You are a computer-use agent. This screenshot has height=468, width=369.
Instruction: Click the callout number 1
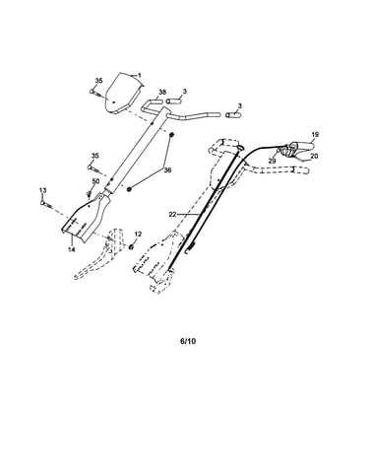coord(140,76)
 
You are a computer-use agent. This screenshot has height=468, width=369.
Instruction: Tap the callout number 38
coord(162,92)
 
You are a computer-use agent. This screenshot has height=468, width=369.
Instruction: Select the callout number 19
coord(315,134)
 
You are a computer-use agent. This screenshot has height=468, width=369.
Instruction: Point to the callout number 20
coord(314,157)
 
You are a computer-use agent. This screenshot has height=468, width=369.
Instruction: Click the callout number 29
coord(272,161)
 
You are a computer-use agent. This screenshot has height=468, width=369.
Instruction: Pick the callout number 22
coord(172,214)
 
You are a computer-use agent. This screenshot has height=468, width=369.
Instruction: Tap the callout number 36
coord(167,169)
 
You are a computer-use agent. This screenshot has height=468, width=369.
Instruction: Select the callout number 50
coord(95,181)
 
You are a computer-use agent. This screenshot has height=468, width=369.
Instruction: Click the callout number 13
coord(43,190)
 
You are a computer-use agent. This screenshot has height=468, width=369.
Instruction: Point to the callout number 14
coord(71,249)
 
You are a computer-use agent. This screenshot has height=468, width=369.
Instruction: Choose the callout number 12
coord(138,234)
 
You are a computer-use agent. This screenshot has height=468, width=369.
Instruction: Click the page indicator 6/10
coord(188,341)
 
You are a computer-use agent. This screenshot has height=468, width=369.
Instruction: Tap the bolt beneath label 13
coord(46,204)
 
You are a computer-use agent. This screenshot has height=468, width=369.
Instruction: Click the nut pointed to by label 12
coord(132,246)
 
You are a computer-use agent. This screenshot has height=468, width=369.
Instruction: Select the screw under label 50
coord(89,194)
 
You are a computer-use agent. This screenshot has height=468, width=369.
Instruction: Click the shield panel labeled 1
coord(124,94)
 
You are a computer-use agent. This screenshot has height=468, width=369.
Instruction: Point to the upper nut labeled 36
coord(171,135)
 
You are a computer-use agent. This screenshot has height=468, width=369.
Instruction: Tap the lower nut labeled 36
coord(129,189)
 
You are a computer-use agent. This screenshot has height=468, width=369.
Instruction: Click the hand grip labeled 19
coord(303,145)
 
